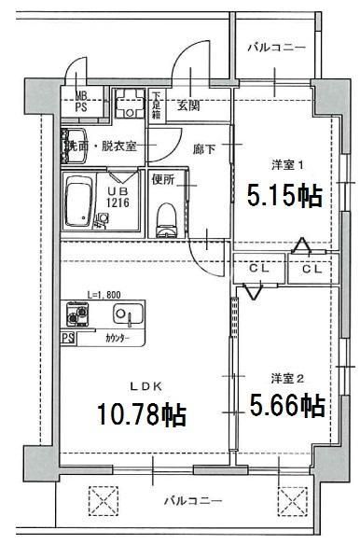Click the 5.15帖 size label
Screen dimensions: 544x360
pos(284,197)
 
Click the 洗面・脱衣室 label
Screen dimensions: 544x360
pos(100,146)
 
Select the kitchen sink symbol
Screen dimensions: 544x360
pos(128,314)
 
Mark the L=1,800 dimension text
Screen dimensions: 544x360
pos(104,294)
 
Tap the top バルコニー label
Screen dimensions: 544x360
pos(274,48)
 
